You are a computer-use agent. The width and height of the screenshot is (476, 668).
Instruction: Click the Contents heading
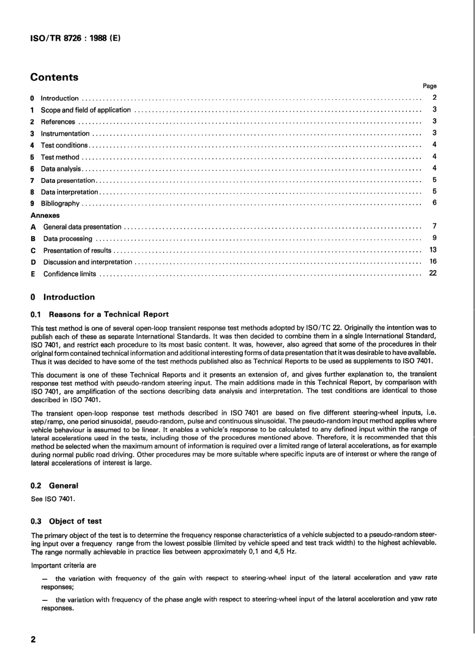pos(54,77)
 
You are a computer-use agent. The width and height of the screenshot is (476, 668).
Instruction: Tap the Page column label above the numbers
pos(429,86)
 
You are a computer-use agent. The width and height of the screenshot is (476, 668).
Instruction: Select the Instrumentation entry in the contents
pos(65,134)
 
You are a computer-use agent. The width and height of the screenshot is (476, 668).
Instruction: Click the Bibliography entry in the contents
pos(60,203)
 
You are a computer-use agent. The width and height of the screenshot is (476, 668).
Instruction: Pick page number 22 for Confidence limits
pos(433,273)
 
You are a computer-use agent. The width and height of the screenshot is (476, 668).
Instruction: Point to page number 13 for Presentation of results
pos(433,250)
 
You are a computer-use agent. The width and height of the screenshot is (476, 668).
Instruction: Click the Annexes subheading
pos(45,215)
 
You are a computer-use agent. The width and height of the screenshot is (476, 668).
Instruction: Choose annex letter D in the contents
pos(33,262)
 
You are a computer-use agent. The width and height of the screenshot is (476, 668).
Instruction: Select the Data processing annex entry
pos(68,239)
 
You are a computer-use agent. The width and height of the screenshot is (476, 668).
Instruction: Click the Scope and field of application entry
pos(86,110)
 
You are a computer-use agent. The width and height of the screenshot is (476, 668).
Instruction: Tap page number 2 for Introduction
pos(434,98)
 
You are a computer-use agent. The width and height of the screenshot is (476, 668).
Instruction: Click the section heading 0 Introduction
pos(63,297)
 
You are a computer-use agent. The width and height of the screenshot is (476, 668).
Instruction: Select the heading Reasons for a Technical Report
pos(108,315)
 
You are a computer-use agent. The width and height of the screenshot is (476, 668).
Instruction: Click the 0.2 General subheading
pos(55,486)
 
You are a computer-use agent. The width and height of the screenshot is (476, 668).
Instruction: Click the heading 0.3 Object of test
pos(66,521)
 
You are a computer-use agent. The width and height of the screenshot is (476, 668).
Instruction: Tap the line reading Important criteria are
pos(64,565)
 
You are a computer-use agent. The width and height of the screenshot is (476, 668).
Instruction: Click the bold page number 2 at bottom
pos(33,640)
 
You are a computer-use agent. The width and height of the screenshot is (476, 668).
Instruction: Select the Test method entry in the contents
pos(60,157)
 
